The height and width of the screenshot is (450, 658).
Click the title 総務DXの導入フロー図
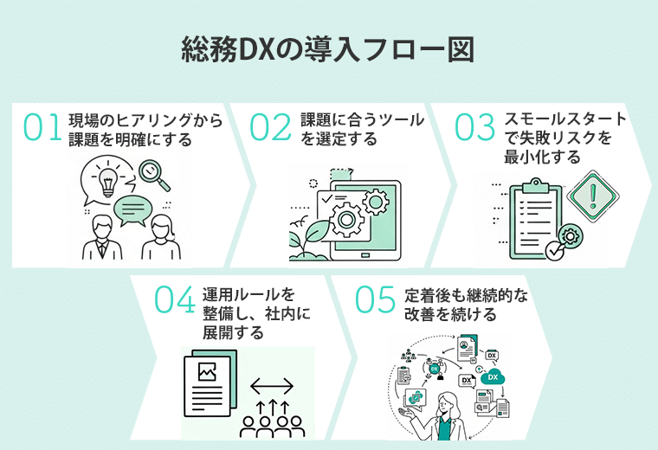pos(328,49)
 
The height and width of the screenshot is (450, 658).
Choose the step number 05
pos(376,299)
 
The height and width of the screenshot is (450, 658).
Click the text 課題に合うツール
pos(362,120)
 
